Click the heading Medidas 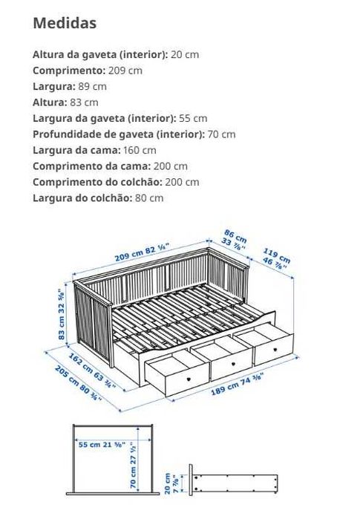pyautogui.click(x=65, y=23)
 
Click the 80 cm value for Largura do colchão pyautogui.click(x=148, y=198)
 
